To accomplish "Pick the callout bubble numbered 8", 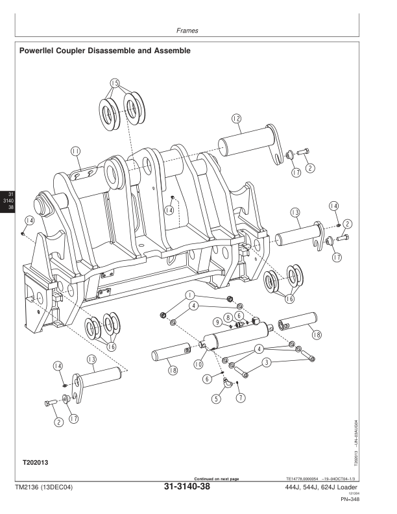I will [x=228, y=317].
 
